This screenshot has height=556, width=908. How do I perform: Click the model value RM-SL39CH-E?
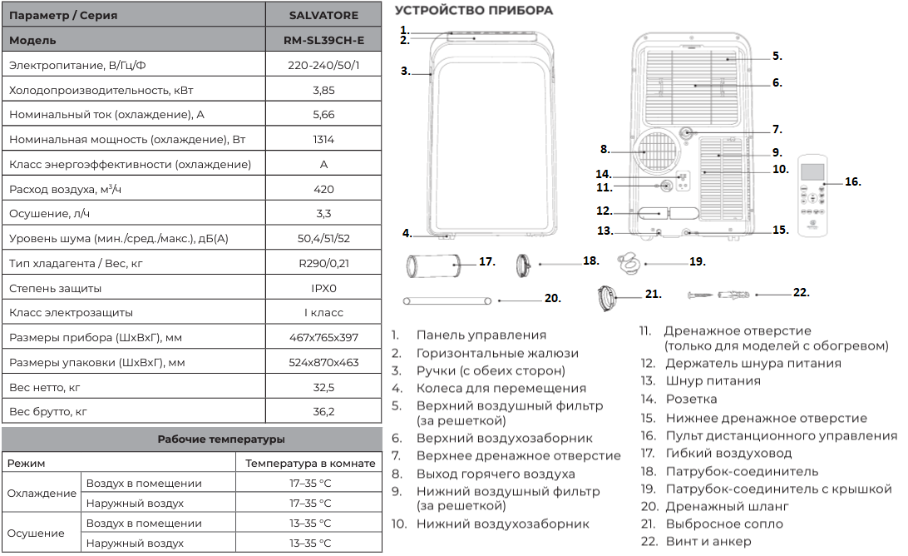[323, 41]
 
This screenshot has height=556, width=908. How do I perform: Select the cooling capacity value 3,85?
[323, 91]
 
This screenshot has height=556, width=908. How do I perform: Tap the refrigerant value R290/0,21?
[323, 263]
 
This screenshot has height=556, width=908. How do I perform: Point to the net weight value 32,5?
[323, 387]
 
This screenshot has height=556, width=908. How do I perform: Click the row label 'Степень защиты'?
[55, 288]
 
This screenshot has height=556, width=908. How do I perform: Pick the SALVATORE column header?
[323, 16]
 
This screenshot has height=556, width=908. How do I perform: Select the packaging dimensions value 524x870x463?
[323, 362]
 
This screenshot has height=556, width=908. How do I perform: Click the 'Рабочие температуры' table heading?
[220, 439]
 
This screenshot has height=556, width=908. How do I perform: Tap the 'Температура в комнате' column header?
[310, 464]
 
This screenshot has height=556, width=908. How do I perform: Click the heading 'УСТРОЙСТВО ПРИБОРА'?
[474, 11]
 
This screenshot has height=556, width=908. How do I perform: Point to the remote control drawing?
[813, 195]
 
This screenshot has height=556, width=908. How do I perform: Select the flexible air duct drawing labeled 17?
[433, 266]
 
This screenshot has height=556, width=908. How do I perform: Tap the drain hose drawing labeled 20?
[447, 301]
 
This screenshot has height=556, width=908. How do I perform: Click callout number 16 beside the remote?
[852, 181]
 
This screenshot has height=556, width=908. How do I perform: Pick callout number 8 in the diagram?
[605, 150]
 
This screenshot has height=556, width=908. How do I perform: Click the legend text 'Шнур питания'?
[713, 381]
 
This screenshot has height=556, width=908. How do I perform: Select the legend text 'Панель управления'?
[481, 335]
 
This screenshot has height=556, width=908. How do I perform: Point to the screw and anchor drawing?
[718, 295]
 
